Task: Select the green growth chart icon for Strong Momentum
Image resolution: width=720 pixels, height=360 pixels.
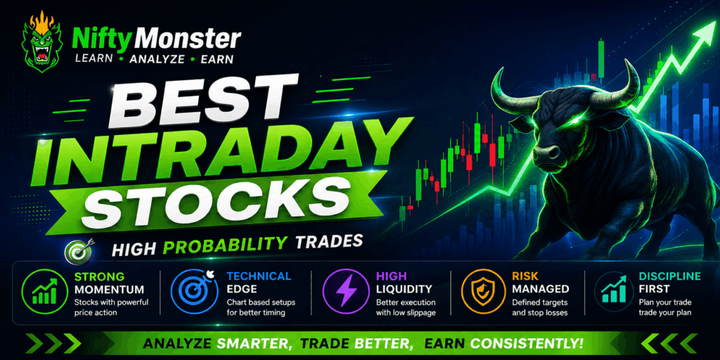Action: click(x=44, y=292)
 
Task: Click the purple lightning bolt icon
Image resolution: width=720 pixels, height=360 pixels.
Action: click(x=344, y=291)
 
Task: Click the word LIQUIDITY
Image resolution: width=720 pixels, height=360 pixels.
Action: click(x=404, y=289)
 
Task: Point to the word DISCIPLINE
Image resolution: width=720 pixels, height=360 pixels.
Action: click(x=669, y=276)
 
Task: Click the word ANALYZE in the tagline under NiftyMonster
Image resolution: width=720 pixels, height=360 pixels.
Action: click(x=157, y=59)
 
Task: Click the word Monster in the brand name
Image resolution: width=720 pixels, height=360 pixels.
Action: click(x=190, y=39)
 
